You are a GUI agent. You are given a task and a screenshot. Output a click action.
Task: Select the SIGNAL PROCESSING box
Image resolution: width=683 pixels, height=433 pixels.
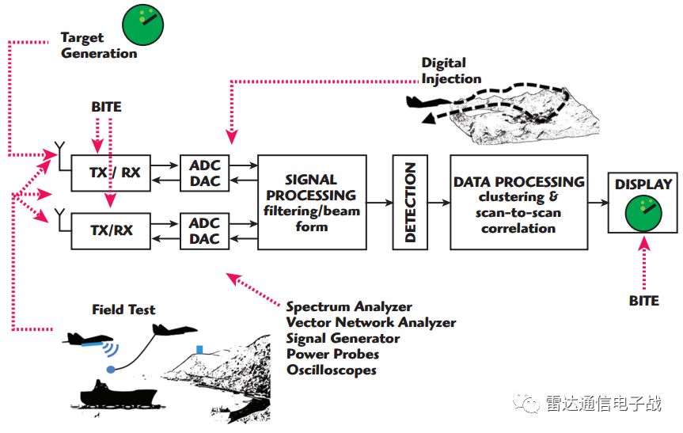click(311, 202)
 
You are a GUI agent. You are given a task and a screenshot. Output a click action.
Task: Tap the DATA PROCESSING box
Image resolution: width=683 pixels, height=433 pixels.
click(518, 202)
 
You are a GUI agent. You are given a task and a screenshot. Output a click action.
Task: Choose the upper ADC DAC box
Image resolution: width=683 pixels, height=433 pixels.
click(205, 173)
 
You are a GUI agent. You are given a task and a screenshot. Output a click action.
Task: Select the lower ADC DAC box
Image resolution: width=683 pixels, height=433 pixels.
click(205, 231)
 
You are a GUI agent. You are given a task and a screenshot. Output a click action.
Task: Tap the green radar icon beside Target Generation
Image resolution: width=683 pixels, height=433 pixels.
click(142, 25)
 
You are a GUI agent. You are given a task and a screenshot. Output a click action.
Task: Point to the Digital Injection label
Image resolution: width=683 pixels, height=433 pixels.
click(450, 70)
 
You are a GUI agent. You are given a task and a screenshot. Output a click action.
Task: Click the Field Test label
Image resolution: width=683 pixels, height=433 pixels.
click(124, 310)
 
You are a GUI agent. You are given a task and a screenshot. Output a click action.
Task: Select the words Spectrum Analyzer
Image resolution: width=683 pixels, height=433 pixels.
click(349, 306)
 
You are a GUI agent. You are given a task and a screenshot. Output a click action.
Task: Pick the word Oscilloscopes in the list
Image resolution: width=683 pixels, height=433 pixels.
click(332, 370)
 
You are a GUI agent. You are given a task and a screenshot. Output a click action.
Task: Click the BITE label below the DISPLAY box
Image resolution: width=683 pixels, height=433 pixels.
click(643, 301)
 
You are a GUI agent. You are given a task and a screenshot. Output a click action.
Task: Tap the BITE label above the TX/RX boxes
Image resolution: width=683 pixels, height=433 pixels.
click(107, 106)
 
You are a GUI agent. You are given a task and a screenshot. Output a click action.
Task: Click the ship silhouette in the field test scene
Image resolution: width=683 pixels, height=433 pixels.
click(111, 393)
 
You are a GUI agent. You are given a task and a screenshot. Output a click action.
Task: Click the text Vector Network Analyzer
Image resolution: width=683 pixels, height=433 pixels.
click(371, 322)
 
